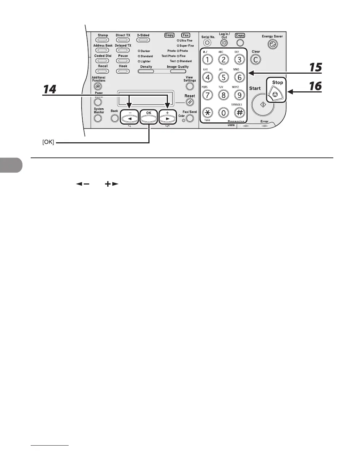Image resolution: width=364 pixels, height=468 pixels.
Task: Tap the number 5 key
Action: click(224, 77)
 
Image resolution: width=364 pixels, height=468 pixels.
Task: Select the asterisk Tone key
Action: click(208, 112)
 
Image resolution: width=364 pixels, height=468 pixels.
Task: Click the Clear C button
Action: click(256, 59)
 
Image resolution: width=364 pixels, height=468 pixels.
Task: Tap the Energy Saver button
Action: click(272, 44)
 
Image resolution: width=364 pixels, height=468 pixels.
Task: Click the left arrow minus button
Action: click(129, 118)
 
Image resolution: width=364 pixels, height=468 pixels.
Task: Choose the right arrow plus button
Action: click(167, 118)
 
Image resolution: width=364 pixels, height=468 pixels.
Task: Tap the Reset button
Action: click(190, 103)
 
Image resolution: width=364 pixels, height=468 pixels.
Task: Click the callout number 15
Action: click(315, 68)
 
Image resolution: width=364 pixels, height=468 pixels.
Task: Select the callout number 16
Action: click(315, 86)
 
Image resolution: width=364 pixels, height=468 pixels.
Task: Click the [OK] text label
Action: click(48, 143)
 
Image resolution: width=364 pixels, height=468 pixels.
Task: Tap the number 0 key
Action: click(224, 113)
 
